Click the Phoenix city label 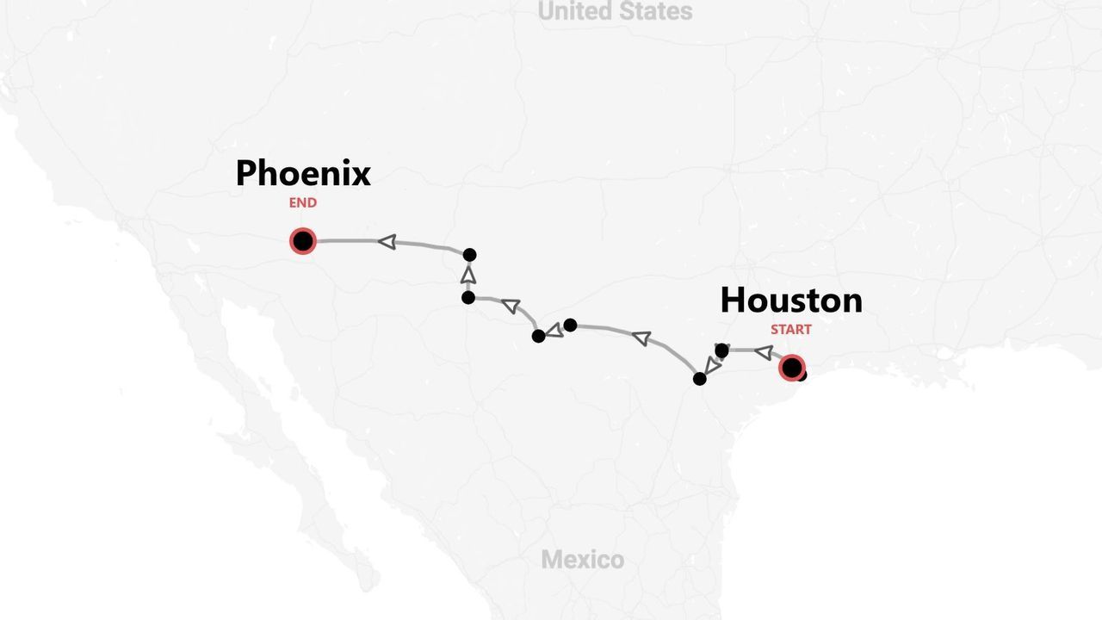(303, 173)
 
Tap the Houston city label (790, 301)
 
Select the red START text (790, 329)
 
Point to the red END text (303, 202)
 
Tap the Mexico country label (582, 560)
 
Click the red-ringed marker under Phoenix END (303, 241)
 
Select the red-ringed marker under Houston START (791, 368)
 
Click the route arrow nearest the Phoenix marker (387, 242)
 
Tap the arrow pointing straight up (468, 275)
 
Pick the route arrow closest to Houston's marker (763, 351)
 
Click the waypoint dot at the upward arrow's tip (469, 255)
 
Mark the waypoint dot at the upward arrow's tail (468, 297)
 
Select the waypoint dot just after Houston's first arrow (721, 350)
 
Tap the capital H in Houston (733, 301)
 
